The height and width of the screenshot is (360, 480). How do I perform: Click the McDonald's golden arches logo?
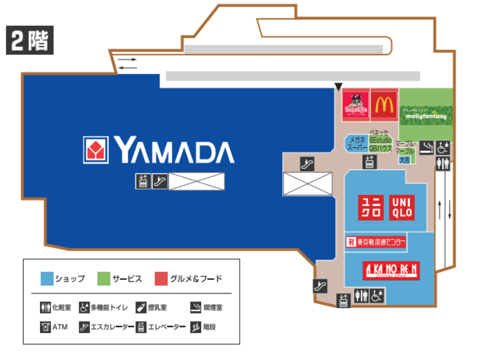[384, 105]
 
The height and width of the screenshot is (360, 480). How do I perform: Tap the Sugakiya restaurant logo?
[355, 105]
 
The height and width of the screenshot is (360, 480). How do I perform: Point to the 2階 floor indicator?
[30, 41]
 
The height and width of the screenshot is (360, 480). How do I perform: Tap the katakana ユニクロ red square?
[372, 206]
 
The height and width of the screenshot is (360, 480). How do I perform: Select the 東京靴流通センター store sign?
[376, 242]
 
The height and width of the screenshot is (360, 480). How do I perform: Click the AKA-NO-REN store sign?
[391, 270]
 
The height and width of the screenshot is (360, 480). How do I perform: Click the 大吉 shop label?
[405, 159]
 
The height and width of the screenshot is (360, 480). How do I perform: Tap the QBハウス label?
[381, 149]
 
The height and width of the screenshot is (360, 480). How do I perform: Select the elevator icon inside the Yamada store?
[143, 181]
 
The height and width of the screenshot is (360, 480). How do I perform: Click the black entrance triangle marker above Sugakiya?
[338, 86]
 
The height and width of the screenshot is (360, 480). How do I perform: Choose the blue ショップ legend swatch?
[46, 278]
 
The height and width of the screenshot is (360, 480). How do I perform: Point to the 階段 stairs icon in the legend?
[195, 327]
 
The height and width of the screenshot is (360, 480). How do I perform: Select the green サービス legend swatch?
[104, 278]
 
